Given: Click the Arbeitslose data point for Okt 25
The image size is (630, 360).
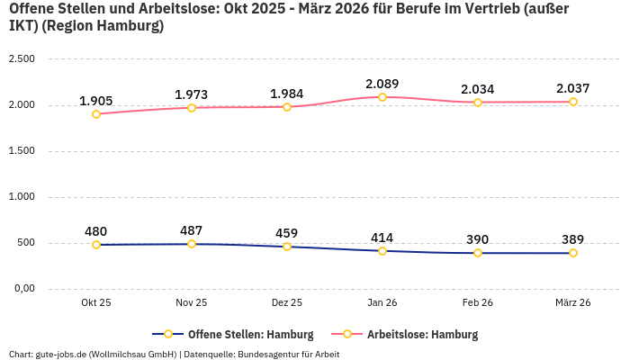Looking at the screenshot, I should point(96,114).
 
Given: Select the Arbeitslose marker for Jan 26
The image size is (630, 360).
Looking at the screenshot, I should point(382,97).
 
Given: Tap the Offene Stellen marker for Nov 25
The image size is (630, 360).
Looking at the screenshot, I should point(192,244).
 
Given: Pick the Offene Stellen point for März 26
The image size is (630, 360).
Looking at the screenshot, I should point(573,253).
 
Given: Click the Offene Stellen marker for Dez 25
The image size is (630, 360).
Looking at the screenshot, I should point(287,247).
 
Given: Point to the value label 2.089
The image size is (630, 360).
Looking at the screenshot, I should point(382,83).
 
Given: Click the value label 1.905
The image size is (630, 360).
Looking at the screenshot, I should point(96,100).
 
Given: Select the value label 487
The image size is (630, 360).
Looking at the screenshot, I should point(192,229).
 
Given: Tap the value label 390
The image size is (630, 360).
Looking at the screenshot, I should point(478,238).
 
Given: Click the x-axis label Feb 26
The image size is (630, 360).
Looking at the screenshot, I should point(478,303).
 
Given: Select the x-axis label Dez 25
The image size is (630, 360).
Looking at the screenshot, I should point(287,303).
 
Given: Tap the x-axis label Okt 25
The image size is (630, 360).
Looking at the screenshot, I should point(96,303).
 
